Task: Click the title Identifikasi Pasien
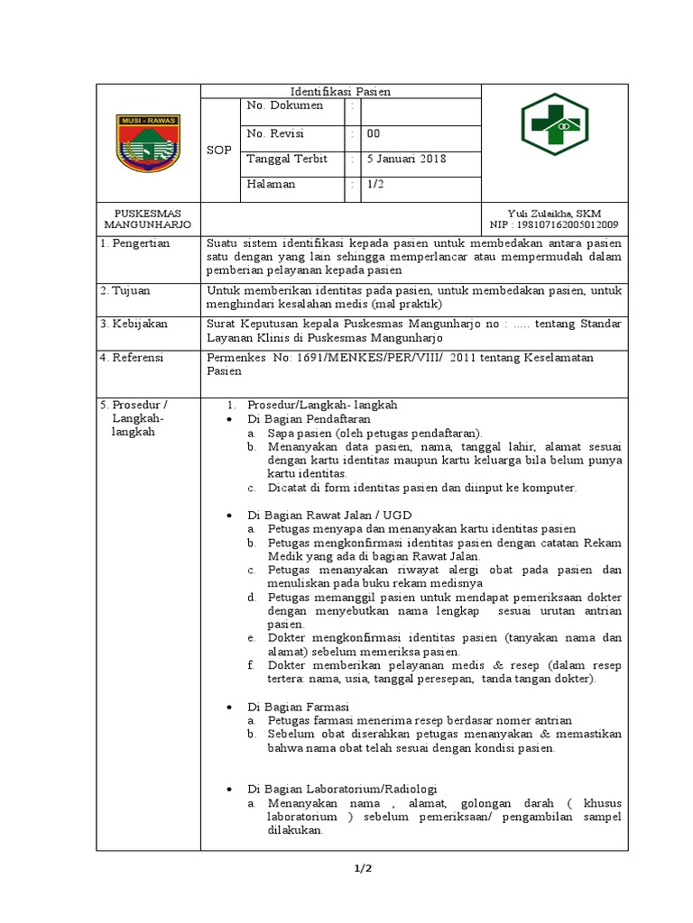tap(340, 91)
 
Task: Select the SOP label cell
tap(218, 150)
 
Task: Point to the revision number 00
tap(373, 133)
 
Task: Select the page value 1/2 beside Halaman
tap(374, 184)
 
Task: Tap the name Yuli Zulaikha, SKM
tap(555, 213)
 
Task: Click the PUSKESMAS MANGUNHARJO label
tap(149, 219)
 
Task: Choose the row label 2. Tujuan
tap(126, 290)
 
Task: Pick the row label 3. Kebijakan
tap(134, 323)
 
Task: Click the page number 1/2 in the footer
tap(363, 868)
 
